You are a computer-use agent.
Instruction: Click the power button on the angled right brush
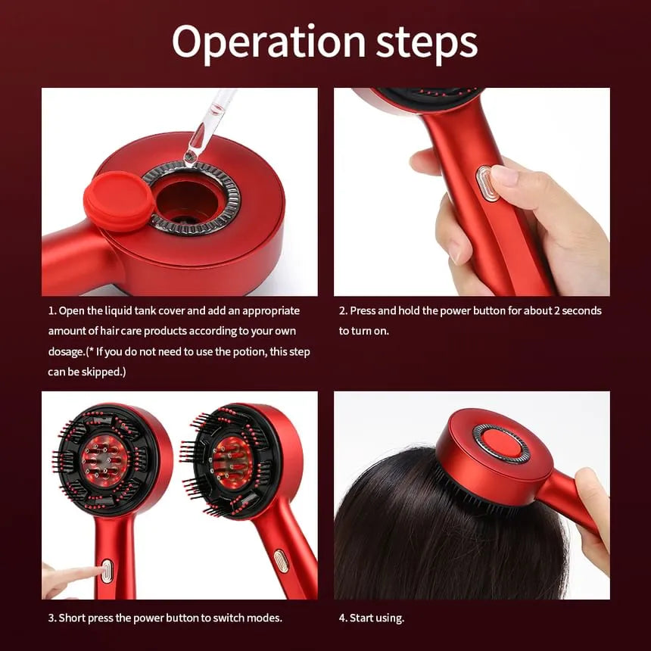(281, 561)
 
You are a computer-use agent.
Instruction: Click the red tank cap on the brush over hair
(500, 444)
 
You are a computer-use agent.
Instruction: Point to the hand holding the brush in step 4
(593, 519)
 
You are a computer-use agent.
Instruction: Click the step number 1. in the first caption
(52, 311)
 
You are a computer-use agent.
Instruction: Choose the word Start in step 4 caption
(362, 618)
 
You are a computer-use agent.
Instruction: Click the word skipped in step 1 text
(104, 372)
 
